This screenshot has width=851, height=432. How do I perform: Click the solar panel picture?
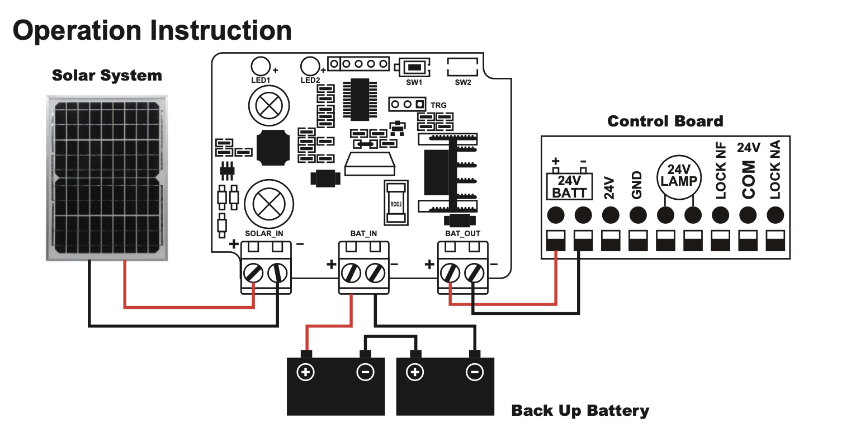(x=106, y=178)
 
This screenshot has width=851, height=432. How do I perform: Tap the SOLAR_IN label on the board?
(x=264, y=233)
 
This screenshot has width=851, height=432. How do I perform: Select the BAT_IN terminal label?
(x=363, y=233)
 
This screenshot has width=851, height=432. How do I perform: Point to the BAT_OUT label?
(x=462, y=233)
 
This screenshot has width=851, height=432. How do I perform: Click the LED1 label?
(x=261, y=81)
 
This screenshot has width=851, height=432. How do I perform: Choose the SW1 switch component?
(x=414, y=68)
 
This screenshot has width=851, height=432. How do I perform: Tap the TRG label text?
(x=439, y=105)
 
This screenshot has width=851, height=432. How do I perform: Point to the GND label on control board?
(x=637, y=185)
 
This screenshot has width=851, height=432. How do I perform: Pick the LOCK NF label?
(x=721, y=171)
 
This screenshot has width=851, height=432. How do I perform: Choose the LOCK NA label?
(x=775, y=171)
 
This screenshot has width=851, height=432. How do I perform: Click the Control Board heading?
(x=665, y=121)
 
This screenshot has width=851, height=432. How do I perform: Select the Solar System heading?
(x=107, y=76)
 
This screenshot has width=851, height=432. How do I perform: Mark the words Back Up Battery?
(x=580, y=411)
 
